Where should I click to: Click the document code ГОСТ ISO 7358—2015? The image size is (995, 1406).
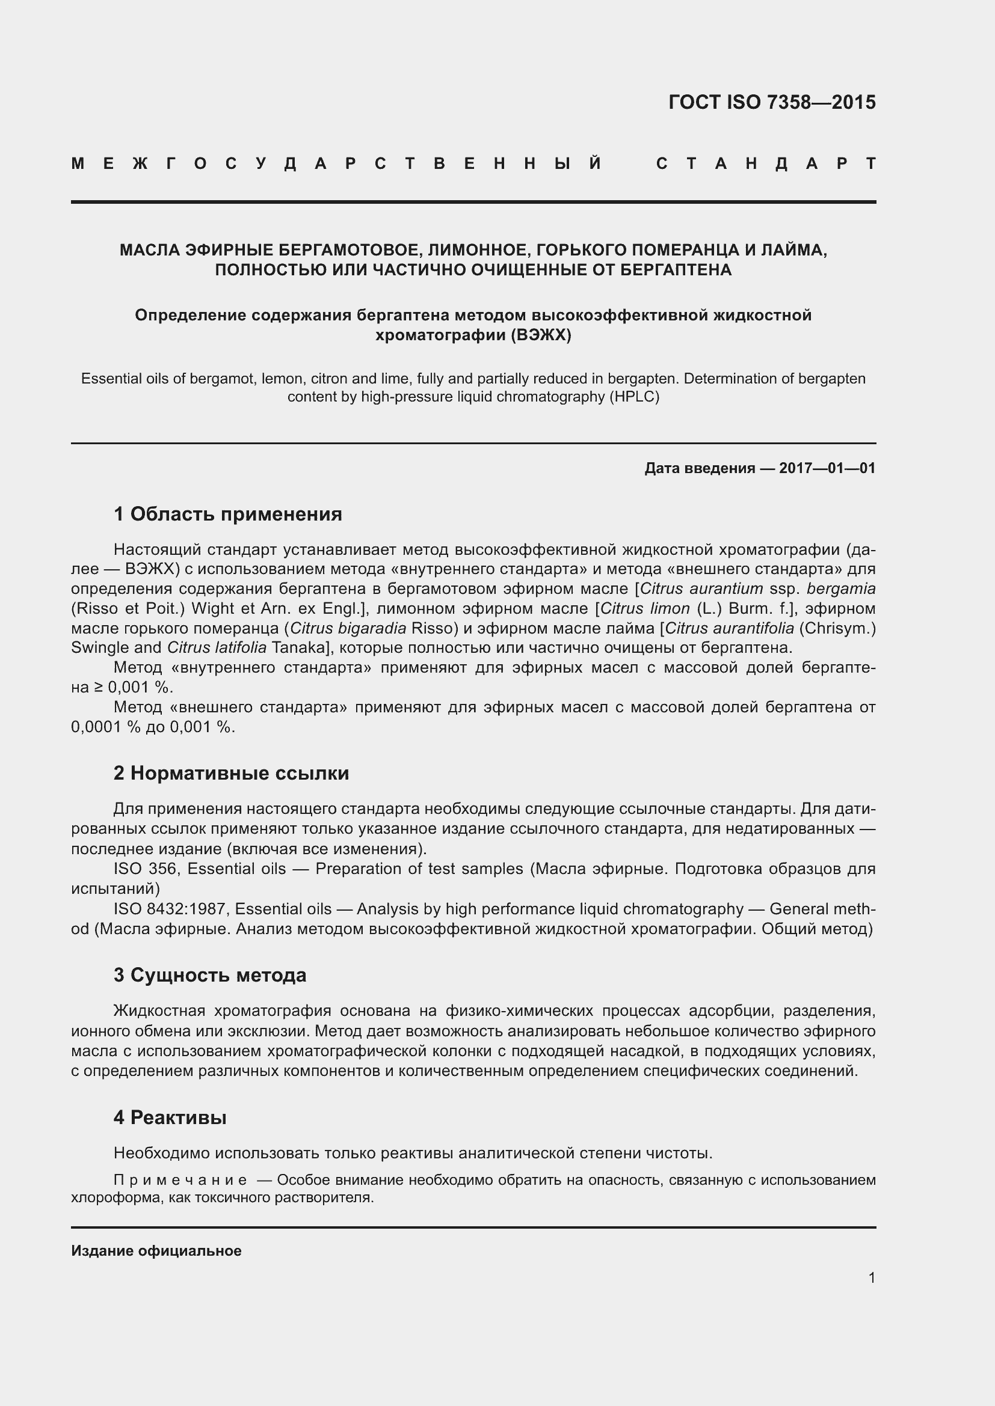coord(771,102)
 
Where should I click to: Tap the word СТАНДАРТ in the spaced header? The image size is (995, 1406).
coord(766,164)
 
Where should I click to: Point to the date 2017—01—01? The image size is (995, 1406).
coord(827,468)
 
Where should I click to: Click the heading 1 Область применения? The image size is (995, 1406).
coord(227,514)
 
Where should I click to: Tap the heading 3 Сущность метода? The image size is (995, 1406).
coord(209,975)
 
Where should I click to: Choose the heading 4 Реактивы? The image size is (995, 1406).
coord(170,1117)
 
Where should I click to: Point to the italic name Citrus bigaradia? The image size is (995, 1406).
coord(348,628)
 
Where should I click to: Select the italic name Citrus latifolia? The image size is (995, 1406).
coord(217,648)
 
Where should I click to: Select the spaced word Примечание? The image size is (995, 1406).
coord(180,1180)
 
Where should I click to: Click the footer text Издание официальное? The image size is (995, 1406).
coord(156,1250)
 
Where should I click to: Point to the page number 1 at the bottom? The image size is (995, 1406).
coord(872,1277)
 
